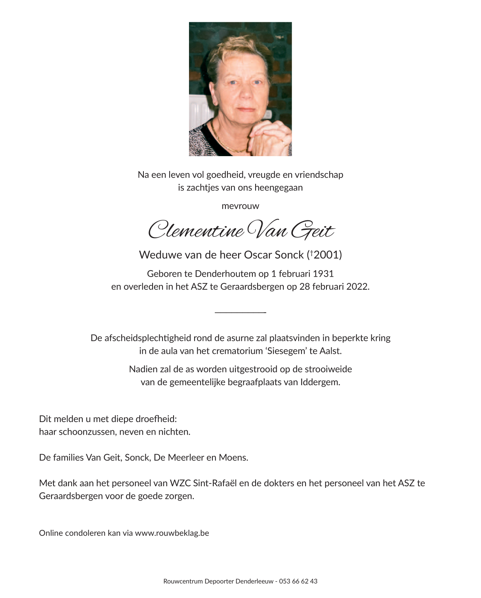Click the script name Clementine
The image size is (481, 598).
[x=196, y=230]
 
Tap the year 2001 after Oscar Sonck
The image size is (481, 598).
[x=326, y=255]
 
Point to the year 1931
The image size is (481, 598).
[x=323, y=274]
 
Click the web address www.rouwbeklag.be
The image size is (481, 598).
[x=172, y=533]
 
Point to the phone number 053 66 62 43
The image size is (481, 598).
[x=298, y=581]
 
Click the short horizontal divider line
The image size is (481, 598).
[x=240, y=313]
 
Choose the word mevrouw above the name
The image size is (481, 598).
[x=240, y=206]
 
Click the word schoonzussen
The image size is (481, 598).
[x=87, y=432]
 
